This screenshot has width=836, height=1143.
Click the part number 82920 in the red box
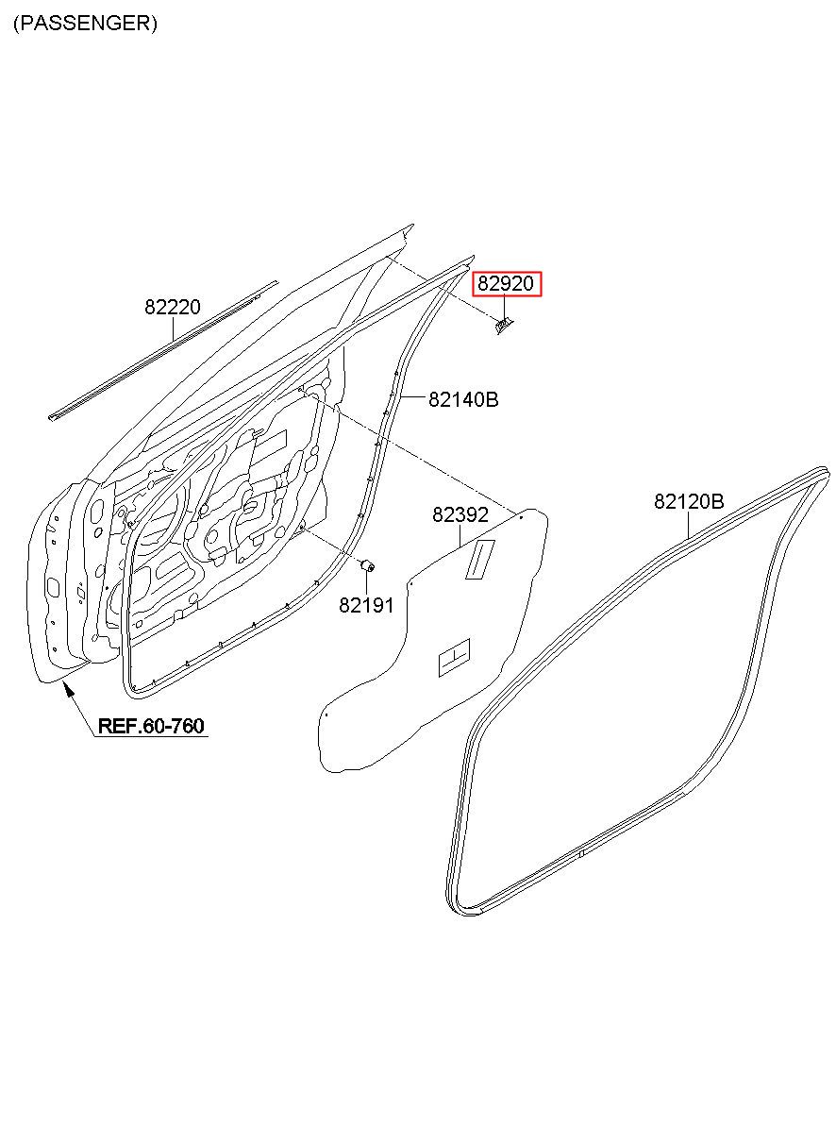(x=508, y=283)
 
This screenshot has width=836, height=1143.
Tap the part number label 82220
(x=173, y=307)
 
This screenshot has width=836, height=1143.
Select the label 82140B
(x=463, y=399)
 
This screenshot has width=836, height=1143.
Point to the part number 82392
(x=460, y=515)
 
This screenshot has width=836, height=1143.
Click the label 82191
(x=366, y=606)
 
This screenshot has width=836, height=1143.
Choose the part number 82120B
(x=689, y=501)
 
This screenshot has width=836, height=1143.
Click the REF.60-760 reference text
(x=151, y=726)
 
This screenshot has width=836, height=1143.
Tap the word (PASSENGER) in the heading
(x=85, y=24)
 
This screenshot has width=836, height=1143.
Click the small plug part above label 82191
(x=370, y=566)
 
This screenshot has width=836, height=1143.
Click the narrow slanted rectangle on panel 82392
(x=479, y=559)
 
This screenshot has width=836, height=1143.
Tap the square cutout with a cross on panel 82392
(x=454, y=658)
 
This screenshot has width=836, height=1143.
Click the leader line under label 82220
(x=173, y=329)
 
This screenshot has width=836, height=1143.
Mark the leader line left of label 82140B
(x=413, y=399)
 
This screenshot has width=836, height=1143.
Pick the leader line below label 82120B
(x=689, y=525)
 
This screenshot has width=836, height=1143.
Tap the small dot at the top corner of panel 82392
(x=521, y=517)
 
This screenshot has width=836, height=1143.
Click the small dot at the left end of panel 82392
(x=326, y=715)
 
